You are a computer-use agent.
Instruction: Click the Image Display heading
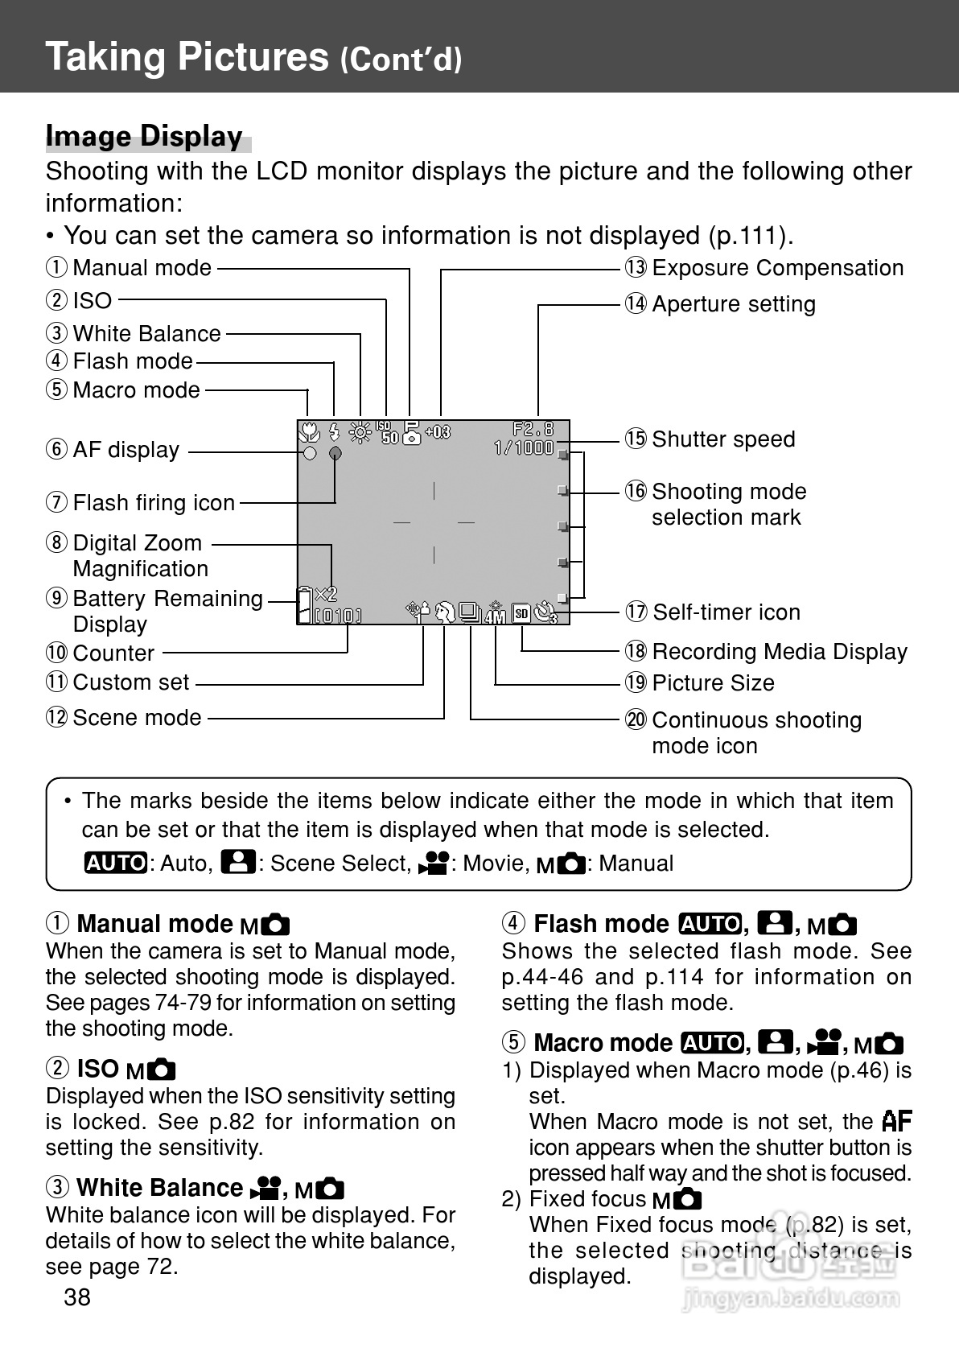[144, 137]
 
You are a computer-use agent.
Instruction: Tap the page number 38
[77, 1296]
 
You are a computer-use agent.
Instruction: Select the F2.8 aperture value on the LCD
[533, 429]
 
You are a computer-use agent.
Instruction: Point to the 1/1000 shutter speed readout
[524, 447]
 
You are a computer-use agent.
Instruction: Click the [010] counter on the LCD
[338, 616]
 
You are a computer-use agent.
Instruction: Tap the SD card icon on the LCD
[521, 613]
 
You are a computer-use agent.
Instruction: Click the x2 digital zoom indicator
[327, 595]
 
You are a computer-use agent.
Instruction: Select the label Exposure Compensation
[777, 268]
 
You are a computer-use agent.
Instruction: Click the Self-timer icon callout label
[726, 612]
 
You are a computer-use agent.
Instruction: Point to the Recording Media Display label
[779, 651]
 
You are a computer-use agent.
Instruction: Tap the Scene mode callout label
[137, 717]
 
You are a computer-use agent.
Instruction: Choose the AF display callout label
[126, 450]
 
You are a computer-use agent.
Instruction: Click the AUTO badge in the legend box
[116, 863]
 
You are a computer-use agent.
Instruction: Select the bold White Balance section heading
[159, 1188]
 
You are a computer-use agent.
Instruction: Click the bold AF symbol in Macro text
[896, 1121]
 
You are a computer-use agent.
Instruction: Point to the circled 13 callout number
[636, 268]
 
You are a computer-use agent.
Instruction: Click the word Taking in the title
[106, 57]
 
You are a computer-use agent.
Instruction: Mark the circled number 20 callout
[636, 719]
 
